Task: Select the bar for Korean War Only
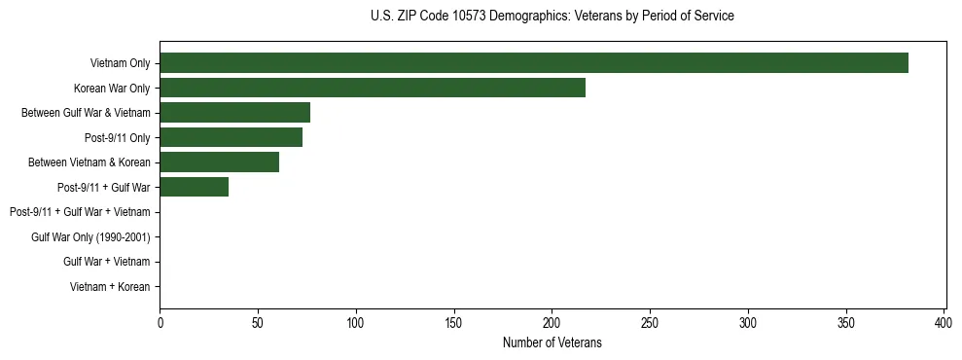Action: coord(373,88)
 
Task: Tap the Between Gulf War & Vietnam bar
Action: coord(234,113)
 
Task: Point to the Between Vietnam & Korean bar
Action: coord(219,162)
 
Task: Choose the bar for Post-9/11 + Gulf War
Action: coord(194,187)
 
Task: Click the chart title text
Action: coord(552,17)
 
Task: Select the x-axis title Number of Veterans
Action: coord(552,342)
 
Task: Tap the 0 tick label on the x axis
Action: coord(160,322)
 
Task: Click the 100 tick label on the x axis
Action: coord(356,322)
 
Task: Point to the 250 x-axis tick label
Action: coord(650,322)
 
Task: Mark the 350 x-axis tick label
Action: coord(846,322)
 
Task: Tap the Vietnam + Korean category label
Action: coord(110,287)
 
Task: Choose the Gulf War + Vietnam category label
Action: coord(106,262)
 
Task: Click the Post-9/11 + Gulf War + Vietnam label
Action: coord(80,212)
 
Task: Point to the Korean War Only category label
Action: coord(112,88)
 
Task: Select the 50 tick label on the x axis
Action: coord(258,322)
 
